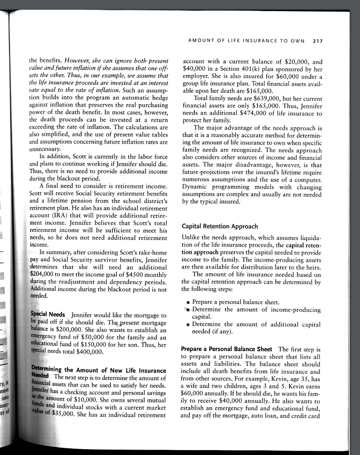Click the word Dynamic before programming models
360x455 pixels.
pyautogui.click(x=196, y=187)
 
